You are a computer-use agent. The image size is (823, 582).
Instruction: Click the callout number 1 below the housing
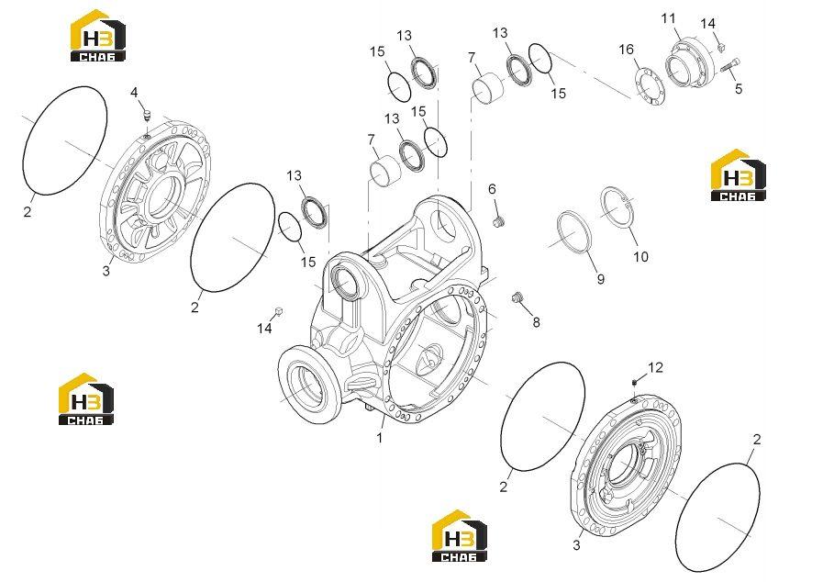tap(380, 437)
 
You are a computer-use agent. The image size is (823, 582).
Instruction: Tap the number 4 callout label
tap(134, 93)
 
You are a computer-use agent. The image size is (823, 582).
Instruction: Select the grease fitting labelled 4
tap(147, 115)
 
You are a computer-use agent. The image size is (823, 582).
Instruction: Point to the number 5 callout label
tap(739, 89)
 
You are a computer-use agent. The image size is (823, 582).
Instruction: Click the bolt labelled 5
tap(731, 66)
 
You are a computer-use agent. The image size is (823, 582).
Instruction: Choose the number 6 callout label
tap(492, 189)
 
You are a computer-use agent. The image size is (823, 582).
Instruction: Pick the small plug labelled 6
tap(498, 221)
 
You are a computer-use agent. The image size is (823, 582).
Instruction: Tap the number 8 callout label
tap(536, 322)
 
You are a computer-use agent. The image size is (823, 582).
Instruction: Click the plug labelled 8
tap(517, 297)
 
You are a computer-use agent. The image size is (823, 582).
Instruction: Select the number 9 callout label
tap(600, 279)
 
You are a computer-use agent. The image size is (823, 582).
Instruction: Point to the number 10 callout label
tap(640, 257)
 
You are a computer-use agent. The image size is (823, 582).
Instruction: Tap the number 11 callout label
tap(668, 19)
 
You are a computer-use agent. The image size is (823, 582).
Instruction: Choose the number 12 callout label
tap(656, 368)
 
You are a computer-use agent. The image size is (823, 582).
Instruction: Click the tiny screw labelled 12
tap(635, 382)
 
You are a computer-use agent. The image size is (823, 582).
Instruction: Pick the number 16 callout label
tap(626, 50)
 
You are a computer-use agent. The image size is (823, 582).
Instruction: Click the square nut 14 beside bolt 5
tap(720, 47)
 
